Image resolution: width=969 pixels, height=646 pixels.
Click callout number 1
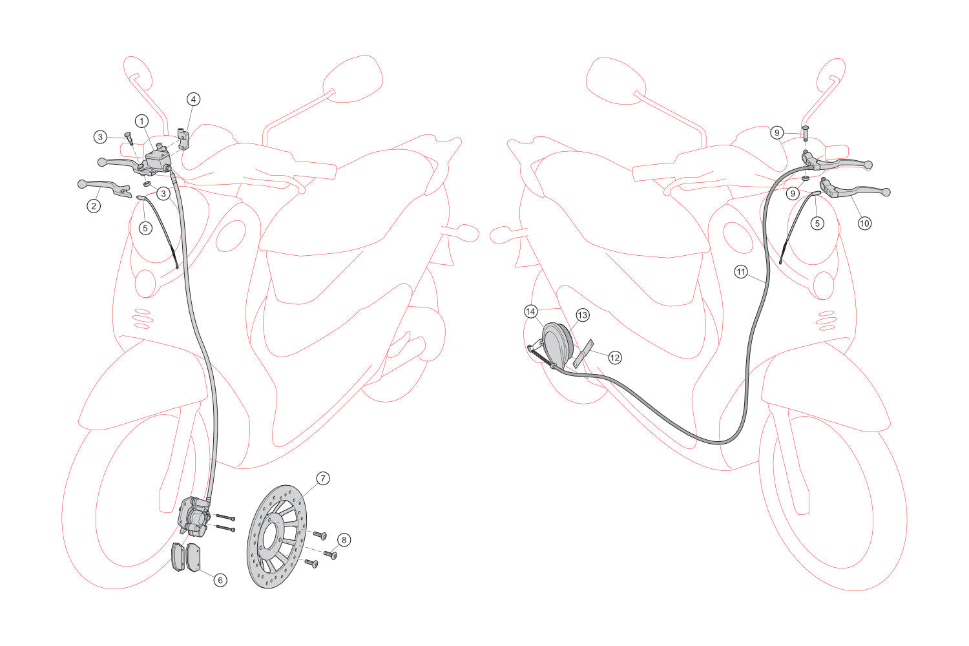click(x=141, y=121)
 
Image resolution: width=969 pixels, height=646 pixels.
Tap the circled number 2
click(x=94, y=206)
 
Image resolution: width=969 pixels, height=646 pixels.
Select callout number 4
click(x=193, y=99)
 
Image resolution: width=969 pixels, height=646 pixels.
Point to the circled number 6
click(x=220, y=580)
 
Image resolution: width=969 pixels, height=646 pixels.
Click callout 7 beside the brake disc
click(x=323, y=479)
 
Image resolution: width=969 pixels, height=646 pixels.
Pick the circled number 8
click(x=344, y=540)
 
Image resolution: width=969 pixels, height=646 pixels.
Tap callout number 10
click(x=864, y=224)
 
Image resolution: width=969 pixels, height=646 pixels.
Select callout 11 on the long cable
click(x=741, y=272)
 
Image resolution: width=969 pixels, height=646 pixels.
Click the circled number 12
click(x=615, y=358)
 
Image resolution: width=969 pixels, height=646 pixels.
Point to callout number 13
click(x=582, y=315)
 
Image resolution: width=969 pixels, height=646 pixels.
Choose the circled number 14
click(x=531, y=311)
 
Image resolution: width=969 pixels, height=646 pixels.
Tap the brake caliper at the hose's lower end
click(x=194, y=516)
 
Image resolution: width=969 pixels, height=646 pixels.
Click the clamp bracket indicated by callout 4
click(x=183, y=138)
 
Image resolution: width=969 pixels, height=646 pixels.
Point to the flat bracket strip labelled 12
click(x=583, y=354)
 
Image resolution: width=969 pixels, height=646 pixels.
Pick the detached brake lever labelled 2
click(x=105, y=188)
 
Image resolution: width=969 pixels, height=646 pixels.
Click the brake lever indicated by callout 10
click(x=855, y=191)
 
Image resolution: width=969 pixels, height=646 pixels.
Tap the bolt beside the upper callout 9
click(x=805, y=133)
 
